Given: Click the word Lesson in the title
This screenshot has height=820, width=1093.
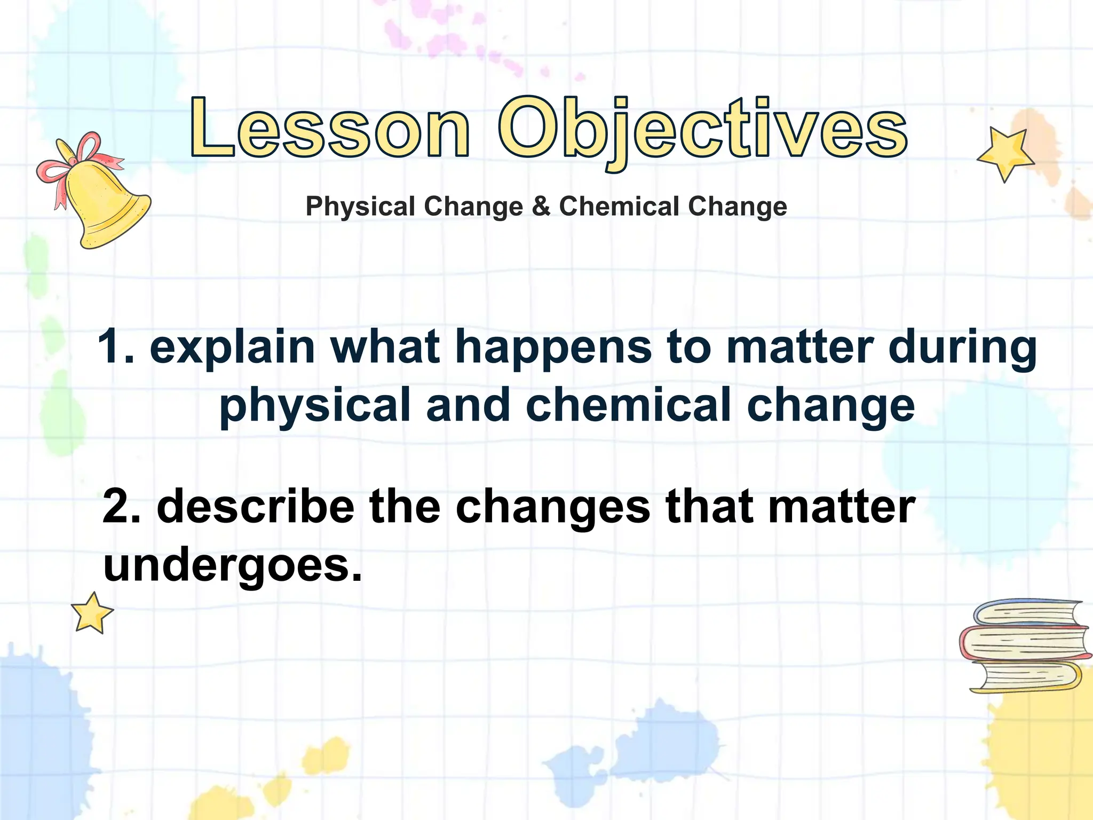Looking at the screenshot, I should [330, 128].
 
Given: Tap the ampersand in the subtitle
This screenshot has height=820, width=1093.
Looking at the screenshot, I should [541, 206].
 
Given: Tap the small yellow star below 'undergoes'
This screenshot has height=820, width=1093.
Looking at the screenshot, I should [92, 613].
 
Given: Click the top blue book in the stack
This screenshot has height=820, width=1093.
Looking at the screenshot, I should [1027, 613].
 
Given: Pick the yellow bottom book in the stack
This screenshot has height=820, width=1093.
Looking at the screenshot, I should [1025, 677].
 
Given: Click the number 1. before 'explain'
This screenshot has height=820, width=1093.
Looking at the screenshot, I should [116, 347].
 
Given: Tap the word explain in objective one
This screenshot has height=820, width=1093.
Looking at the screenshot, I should [232, 348].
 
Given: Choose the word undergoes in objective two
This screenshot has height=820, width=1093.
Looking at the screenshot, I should [232, 567].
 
